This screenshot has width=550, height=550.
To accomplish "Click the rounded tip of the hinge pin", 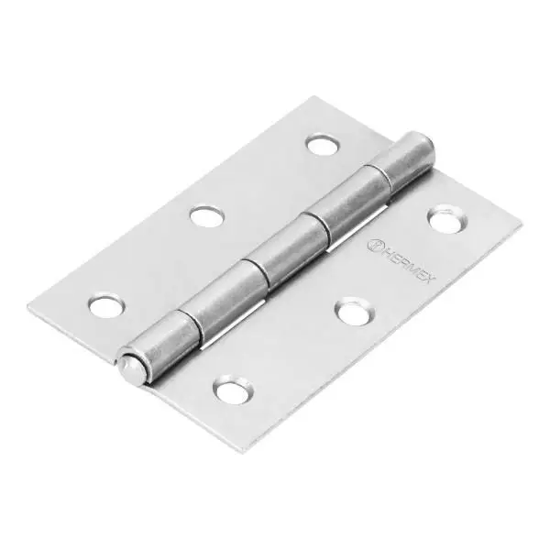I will pos(128,367).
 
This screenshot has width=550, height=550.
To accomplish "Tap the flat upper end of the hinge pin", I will pos(418,145).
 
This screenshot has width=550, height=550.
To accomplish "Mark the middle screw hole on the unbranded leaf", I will pos(207,216).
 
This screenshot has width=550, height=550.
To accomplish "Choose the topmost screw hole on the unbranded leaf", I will pos(321,144).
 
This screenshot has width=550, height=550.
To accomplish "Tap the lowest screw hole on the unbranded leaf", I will pos(105,304).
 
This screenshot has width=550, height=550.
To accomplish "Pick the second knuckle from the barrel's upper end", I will pos(352,205).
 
